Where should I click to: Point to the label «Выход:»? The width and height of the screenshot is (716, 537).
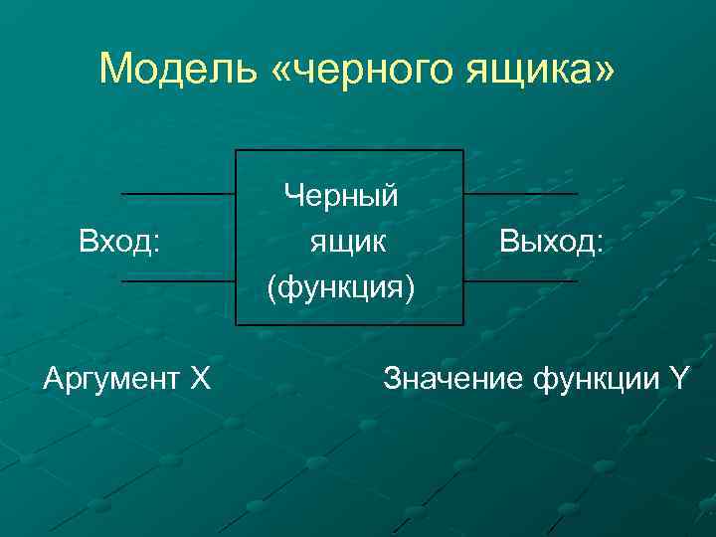tap(551, 240)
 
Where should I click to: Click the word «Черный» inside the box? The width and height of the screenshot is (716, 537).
tap(341, 195)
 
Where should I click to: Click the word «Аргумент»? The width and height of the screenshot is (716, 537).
tap(109, 378)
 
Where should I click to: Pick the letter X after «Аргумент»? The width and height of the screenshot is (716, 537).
tap(200, 378)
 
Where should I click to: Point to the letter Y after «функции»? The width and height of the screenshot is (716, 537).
tap(679, 378)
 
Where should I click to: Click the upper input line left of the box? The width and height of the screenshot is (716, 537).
tap(177, 193)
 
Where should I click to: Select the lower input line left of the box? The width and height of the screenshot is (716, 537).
tap(177, 281)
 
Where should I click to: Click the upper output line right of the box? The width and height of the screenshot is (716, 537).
tap(520, 193)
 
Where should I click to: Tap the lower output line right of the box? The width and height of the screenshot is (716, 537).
tap(520, 281)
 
